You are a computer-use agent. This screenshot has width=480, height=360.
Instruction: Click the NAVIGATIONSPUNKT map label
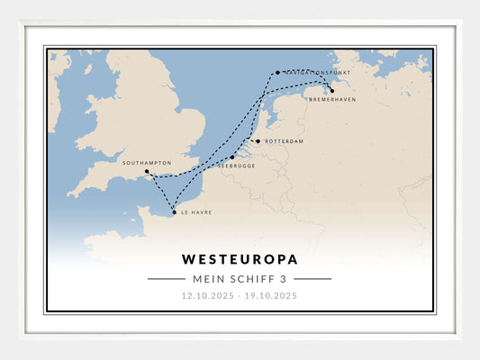[316, 72]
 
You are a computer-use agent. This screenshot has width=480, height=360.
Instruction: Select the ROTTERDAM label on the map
[285, 141]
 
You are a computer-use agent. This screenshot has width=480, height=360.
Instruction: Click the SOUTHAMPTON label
[147, 163]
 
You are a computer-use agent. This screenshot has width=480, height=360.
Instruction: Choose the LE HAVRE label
[196, 213]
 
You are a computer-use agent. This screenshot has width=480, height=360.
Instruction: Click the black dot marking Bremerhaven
[332, 91]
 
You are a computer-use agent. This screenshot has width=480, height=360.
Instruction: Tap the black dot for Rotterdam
[258, 141]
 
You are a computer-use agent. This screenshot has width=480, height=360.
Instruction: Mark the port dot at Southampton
[147, 171]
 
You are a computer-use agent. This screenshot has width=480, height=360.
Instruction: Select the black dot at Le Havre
[174, 213]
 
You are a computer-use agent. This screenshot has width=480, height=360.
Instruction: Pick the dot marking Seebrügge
[231, 157]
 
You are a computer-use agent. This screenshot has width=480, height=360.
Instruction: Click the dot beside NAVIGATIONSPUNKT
[277, 72]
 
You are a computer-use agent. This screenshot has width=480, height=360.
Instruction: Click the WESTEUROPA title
[240, 259]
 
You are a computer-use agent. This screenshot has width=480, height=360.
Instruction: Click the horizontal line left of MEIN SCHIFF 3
[167, 279]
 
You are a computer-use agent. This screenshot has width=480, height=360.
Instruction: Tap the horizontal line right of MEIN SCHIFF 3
[312, 279]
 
